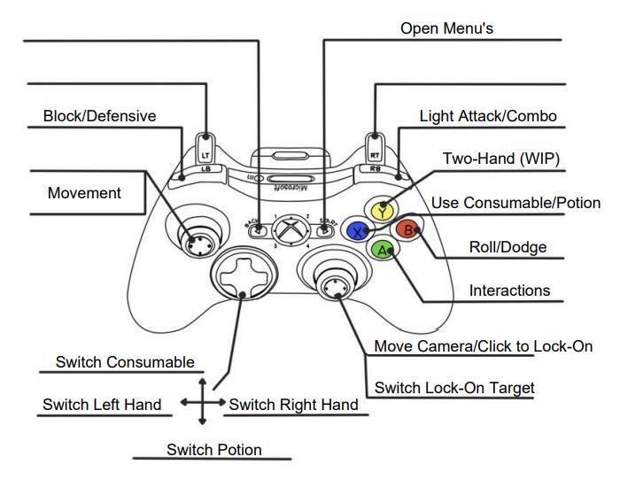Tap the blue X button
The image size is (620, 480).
click(357, 231)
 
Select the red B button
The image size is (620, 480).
click(407, 230)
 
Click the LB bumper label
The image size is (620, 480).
click(205, 167)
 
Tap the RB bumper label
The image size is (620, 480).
click(376, 167)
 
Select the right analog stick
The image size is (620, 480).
click(335, 284)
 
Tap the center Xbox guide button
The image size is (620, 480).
click(289, 229)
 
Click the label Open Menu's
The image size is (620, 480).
click(446, 28)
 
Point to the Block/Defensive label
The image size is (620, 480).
click(99, 116)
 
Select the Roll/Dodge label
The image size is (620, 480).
click(508, 247)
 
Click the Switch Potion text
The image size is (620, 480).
click(214, 450)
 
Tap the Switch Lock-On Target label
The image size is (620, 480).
click(454, 388)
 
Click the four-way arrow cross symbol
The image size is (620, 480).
click(202, 403)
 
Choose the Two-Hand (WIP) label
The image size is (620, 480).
click(501, 159)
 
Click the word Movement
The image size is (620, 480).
click(84, 193)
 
